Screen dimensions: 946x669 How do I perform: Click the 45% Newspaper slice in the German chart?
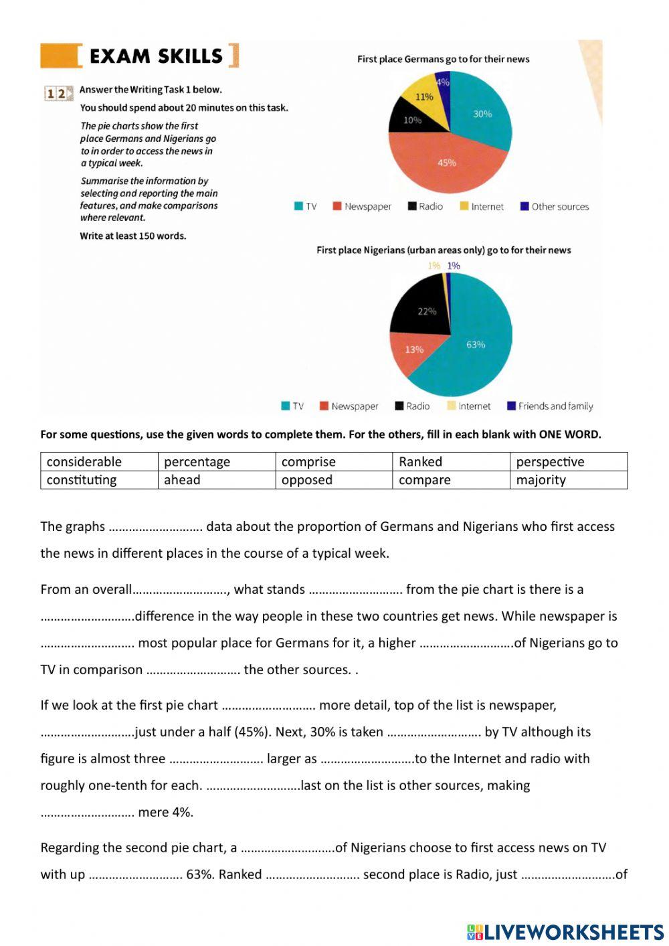tap(446, 163)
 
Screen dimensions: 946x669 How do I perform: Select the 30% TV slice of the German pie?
tap(482, 114)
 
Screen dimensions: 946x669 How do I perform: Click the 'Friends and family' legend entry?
tap(550, 406)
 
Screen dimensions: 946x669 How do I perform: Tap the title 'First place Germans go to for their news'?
tap(443, 59)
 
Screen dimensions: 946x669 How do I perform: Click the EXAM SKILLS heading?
tap(155, 56)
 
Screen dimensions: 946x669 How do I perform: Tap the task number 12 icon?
tap(58, 93)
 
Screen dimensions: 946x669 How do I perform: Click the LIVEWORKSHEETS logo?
tap(565, 931)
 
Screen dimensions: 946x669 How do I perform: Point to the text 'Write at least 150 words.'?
tap(133, 236)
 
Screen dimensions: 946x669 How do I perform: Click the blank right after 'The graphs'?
tap(155, 527)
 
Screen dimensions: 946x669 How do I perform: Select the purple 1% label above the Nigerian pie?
tap(454, 266)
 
